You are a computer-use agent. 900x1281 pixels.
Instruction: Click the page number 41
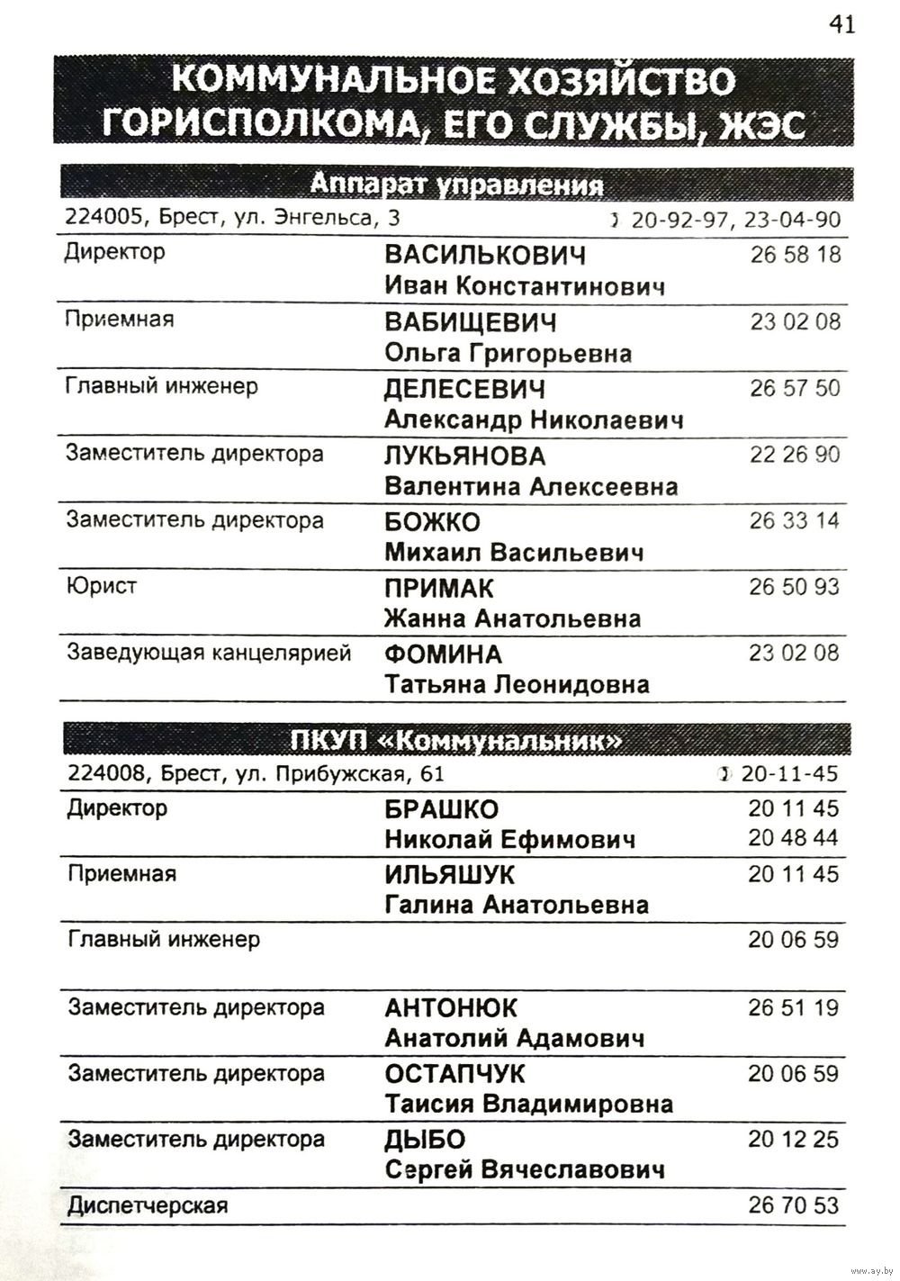click(841, 24)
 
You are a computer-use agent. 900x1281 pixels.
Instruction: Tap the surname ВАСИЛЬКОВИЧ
click(484, 256)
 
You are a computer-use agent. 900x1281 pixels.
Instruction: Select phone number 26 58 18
click(795, 255)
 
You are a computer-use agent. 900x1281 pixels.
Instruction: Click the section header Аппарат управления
click(456, 185)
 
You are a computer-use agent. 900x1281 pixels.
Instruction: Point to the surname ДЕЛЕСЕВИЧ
click(465, 390)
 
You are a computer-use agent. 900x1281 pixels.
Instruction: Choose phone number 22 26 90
click(794, 455)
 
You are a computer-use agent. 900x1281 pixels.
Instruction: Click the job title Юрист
click(101, 587)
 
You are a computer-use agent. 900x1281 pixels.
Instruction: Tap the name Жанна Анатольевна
click(512, 619)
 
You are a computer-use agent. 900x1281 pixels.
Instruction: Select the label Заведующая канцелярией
click(208, 654)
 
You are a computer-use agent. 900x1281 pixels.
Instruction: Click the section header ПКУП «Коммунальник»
click(456, 741)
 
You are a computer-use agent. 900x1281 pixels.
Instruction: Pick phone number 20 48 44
click(793, 838)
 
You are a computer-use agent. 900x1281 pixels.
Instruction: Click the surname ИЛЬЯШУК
click(450, 875)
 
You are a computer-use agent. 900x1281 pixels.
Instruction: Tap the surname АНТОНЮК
click(451, 1008)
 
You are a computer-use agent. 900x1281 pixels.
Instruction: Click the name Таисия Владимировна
click(528, 1105)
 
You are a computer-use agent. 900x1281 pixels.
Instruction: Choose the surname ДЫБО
click(425, 1141)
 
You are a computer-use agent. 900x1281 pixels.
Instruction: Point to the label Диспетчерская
click(148, 1206)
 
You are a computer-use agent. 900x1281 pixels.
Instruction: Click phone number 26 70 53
click(793, 1205)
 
